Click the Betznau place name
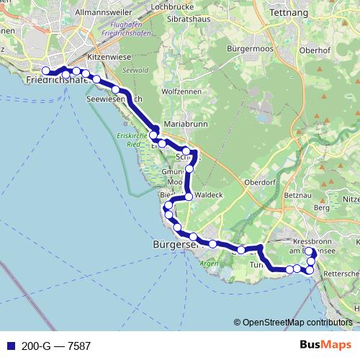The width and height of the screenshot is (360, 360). [297, 194]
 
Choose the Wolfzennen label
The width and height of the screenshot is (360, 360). [183, 91]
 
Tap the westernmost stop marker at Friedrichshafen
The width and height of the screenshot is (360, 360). [46, 71]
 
